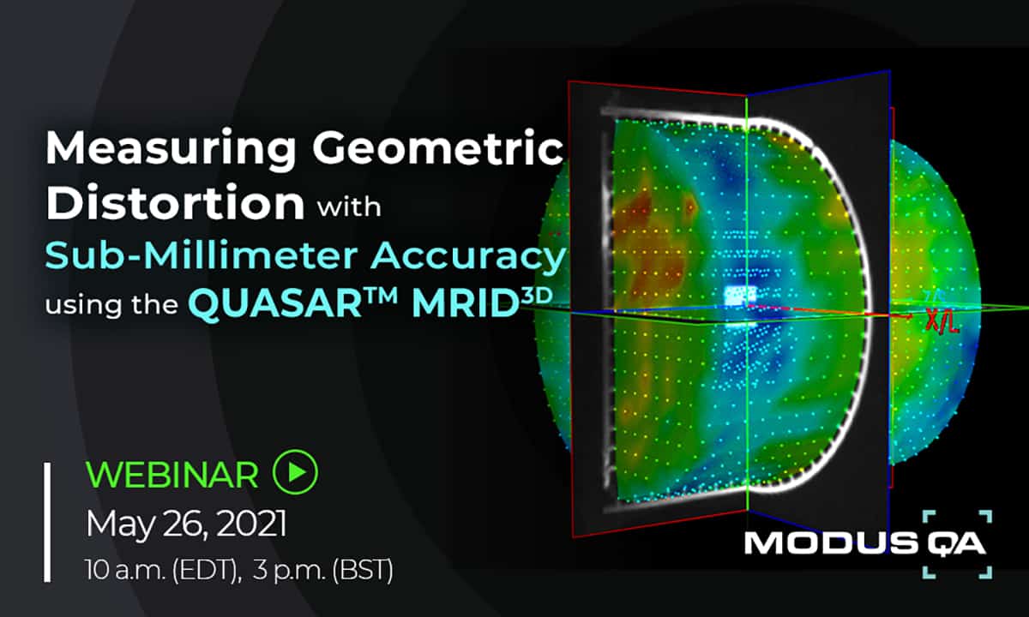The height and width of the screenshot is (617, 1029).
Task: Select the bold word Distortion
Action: click(x=175, y=202)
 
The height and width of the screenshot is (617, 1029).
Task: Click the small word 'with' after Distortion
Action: click(x=349, y=207)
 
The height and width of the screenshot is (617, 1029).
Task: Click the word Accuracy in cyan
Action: click(x=468, y=258)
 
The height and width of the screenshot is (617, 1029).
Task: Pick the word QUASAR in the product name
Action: click(x=275, y=304)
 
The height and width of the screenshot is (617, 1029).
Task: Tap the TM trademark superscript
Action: click(x=381, y=296)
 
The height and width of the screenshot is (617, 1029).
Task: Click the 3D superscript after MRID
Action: click(x=536, y=296)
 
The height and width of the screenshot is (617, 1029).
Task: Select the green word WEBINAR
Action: click(x=172, y=475)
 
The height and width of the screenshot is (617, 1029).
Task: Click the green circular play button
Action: click(x=295, y=472)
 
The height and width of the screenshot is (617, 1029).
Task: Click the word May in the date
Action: click(x=120, y=525)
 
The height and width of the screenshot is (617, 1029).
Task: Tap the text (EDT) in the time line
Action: click(x=207, y=570)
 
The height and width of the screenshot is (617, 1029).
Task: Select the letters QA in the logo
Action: click(x=956, y=544)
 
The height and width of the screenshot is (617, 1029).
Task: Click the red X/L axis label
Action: click(x=942, y=321)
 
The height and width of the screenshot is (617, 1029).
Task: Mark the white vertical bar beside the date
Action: click(x=47, y=523)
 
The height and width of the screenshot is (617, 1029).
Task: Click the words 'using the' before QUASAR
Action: click(x=111, y=305)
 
